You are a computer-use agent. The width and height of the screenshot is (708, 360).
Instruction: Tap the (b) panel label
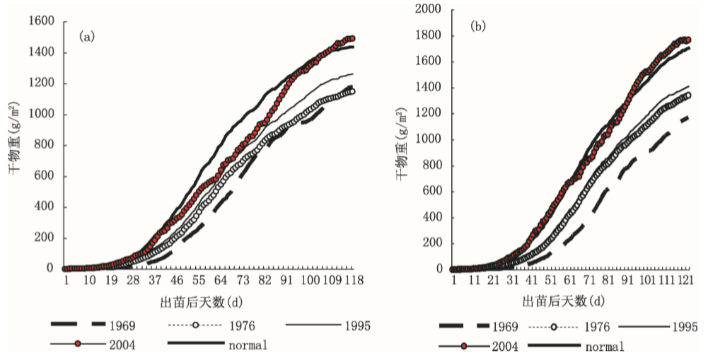click(479, 26)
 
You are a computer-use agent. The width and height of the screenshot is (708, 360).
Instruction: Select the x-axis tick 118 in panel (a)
click(353, 281)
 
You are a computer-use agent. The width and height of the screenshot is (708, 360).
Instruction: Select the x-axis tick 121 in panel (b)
click(685, 281)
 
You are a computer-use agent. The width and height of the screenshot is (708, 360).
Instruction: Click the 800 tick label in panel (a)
click(45, 145)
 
